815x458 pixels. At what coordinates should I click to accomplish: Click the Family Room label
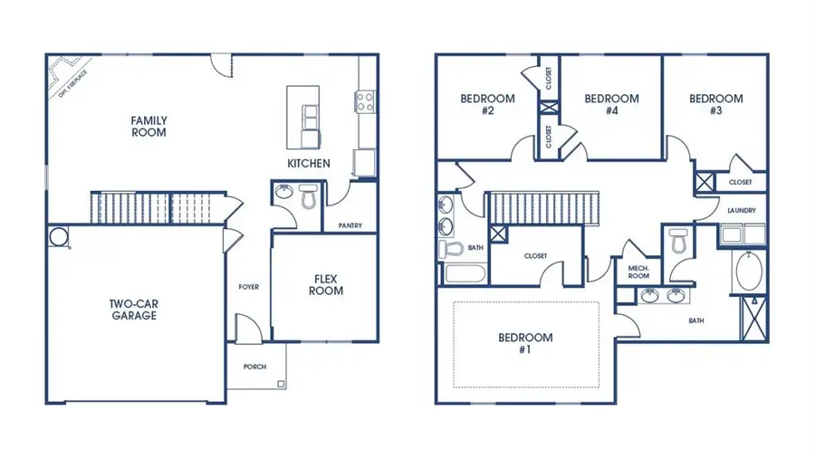point(149,126)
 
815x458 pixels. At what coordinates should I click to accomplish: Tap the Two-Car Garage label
point(134,310)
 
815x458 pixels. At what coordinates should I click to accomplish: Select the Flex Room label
point(328,285)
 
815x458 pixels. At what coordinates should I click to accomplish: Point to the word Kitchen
point(309,164)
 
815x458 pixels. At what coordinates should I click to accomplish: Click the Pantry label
point(350,225)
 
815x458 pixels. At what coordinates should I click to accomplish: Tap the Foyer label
point(248,287)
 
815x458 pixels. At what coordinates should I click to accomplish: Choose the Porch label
point(255,367)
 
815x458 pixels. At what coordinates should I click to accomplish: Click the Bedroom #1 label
point(525,344)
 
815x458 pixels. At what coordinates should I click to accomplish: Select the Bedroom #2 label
point(487,105)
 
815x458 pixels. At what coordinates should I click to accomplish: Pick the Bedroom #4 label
point(611,105)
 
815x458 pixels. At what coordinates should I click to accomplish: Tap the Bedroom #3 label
point(715,105)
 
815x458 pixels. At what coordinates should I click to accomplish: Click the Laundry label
point(741,211)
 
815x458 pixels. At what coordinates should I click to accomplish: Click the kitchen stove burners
point(367,101)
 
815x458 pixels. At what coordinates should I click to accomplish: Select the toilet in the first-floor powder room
point(306,196)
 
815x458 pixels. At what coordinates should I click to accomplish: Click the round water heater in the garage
point(59,237)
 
